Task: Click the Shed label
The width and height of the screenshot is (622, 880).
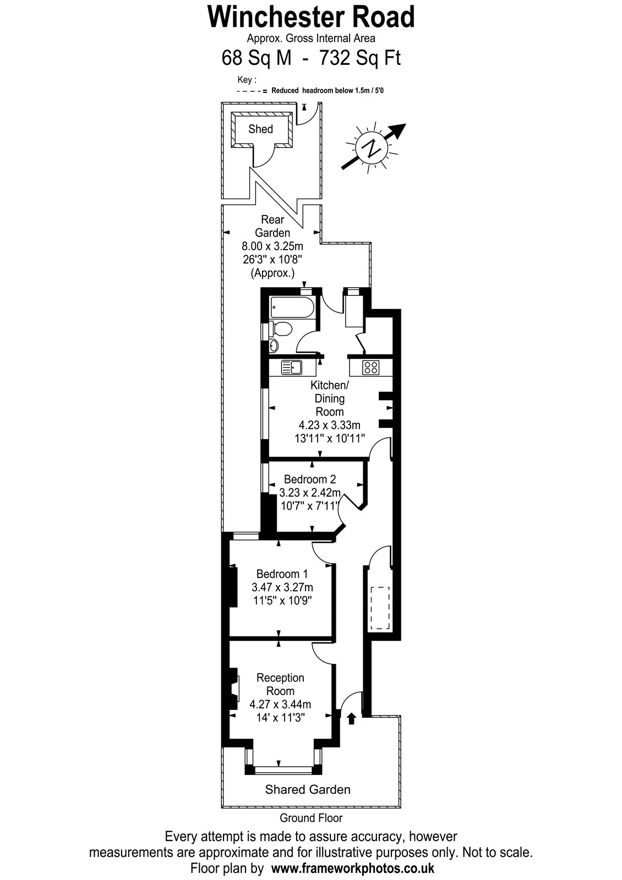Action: coord(260,129)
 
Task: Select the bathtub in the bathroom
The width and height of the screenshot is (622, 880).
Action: coord(292,307)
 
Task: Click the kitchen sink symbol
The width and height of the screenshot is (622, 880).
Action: coord(291,367)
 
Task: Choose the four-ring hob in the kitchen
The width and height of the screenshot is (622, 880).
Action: coord(371,368)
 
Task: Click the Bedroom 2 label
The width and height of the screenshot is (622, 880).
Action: coord(310,479)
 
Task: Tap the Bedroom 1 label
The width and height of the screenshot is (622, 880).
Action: coord(282,574)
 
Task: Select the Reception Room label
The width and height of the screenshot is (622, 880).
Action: coord(280,684)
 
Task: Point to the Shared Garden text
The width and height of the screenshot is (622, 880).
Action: coord(308,790)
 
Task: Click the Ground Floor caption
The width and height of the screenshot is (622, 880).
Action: coord(311,818)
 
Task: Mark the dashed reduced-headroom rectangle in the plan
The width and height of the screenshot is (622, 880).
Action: coord(380,608)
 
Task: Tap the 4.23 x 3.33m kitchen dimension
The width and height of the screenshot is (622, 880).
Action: coord(330,425)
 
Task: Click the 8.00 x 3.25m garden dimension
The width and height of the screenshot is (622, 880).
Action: coord(272,246)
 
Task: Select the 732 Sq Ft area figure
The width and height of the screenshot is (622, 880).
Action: coord(360,58)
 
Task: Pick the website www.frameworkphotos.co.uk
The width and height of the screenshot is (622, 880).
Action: coord(353,867)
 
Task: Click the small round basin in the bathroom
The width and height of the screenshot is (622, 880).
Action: coord(274,346)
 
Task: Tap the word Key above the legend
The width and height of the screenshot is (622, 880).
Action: coord(244,80)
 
